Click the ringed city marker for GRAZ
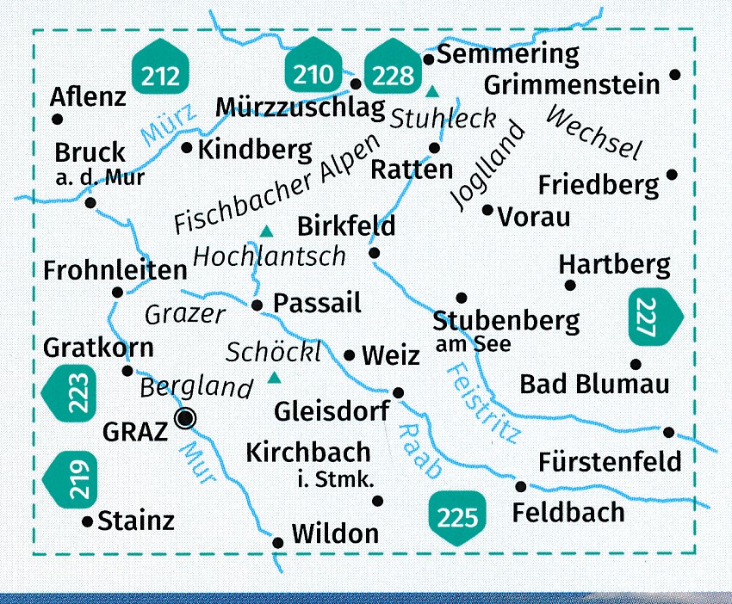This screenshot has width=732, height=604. coord(184,419)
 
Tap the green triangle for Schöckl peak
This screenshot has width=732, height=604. coord(275,377)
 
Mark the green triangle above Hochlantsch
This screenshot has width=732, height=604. coord(267,231)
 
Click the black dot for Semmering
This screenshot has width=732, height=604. coord(428,59)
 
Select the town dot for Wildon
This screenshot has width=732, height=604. coord(277,542)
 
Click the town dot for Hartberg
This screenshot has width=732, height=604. coord(568,285)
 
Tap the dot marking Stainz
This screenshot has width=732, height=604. coord(86,521)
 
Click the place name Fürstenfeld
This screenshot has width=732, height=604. coord(609,462)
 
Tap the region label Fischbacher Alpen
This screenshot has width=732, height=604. coord(276,184)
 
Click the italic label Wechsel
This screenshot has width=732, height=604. coord(594,133)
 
